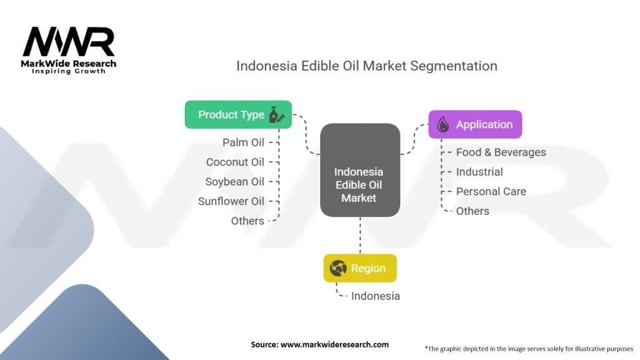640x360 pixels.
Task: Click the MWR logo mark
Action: click(x=69, y=42)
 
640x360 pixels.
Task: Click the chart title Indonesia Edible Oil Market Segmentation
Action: click(x=366, y=66)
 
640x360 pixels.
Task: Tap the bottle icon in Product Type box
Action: click(x=275, y=114)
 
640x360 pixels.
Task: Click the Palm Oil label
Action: click(x=243, y=142)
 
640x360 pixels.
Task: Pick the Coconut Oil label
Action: click(x=235, y=162)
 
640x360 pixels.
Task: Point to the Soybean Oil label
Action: click(x=234, y=182)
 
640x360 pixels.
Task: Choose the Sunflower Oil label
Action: click(x=231, y=201)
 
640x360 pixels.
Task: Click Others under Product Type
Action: click(x=247, y=221)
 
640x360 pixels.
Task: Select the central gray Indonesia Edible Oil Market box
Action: click(x=359, y=170)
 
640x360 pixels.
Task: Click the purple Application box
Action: click(x=475, y=124)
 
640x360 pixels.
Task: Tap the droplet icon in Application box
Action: click(x=443, y=124)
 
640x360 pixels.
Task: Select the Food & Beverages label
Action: click(x=501, y=152)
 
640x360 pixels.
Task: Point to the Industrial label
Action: click(x=479, y=172)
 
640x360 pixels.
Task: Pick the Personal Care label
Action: click(x=491, y=191)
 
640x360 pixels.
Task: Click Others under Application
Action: click(x=472, y=211)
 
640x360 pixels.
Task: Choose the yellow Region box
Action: click(x=359, y=268)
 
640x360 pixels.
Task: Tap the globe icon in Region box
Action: click(x=338, y=268)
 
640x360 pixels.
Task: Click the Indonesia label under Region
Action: click(x=375, y=296)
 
